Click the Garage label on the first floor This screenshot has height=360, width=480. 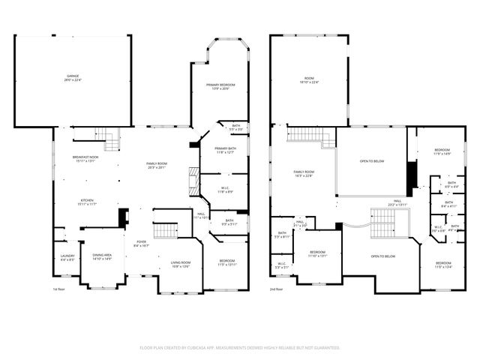pos(73,78)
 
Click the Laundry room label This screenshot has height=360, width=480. pos(67,258)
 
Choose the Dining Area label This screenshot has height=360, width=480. pos(102,257)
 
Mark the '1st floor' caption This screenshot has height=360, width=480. pos(59,289)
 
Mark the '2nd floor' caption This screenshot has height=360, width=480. pos(277,289)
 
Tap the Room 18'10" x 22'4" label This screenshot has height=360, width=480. pos(308,82)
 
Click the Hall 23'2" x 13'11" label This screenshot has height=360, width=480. pos(397,202)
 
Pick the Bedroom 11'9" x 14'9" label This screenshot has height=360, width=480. pos(442,152)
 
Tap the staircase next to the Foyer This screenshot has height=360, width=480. pos(166,230)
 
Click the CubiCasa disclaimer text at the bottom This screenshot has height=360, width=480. pos(240,347)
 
